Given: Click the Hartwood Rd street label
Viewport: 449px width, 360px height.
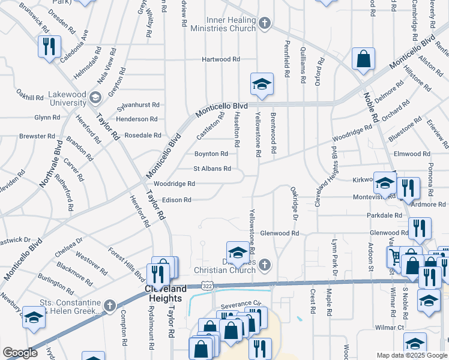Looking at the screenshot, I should click(x=221, y=59).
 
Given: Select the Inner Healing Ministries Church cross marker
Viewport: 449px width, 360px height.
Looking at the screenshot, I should click(x=265, y=23).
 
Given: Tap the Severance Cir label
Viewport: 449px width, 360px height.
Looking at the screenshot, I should click(x=242, y=304).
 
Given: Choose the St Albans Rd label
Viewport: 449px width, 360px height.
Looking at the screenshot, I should click(x=212, y=169).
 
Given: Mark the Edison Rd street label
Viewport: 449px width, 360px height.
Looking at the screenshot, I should click(x=176, y=200).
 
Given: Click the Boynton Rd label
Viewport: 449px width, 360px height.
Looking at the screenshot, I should click(x=214, y=154).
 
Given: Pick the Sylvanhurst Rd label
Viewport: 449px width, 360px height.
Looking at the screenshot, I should click(x=138, y=104).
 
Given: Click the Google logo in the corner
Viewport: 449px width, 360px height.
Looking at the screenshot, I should click(x=20, y=353).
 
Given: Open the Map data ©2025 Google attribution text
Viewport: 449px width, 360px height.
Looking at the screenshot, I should click(x=411, y=355).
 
